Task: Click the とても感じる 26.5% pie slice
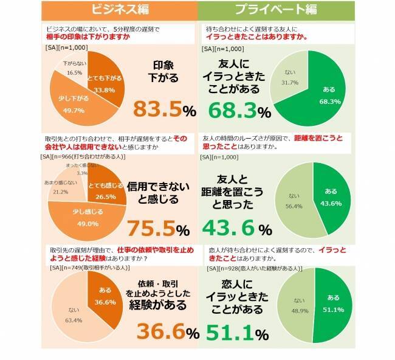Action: (103, 192)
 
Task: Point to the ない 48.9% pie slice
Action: (297, 304)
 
